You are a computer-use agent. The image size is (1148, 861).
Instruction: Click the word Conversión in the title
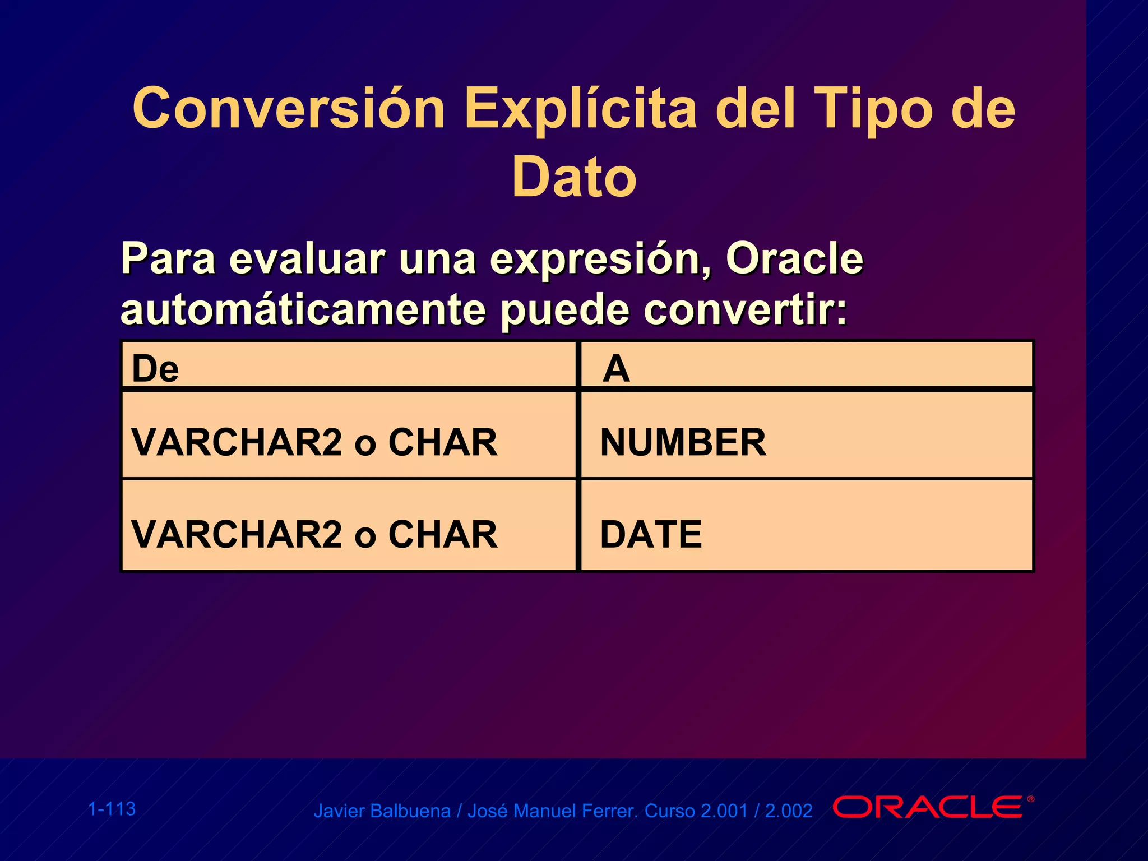click(289, 108)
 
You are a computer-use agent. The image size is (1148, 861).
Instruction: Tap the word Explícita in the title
click(580, 108)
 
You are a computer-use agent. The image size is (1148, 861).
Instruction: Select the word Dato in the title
click(574, 177)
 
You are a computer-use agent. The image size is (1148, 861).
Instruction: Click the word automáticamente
click(303, 310)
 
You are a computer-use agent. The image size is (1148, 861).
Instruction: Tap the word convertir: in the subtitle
click(745, 310)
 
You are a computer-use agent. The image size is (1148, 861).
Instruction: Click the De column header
click(155, 369)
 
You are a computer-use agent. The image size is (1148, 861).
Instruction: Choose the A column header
click(616, 369)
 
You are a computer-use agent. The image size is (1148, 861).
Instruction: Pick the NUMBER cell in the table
click(683, 442)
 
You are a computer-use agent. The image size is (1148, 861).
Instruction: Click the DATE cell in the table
click(651, 534)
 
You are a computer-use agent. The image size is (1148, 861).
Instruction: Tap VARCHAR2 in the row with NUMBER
click(237, 442)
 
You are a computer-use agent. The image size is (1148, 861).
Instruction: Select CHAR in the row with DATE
click(443, 534)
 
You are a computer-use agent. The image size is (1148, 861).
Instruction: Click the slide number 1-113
click(112, 809)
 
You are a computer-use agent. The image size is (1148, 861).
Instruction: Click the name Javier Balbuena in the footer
click(382, 811)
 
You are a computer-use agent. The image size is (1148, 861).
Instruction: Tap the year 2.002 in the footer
click(789, 811)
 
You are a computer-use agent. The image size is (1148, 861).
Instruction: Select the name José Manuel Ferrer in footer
click(552, 811)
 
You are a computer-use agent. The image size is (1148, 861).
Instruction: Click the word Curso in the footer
click(670, 811)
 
